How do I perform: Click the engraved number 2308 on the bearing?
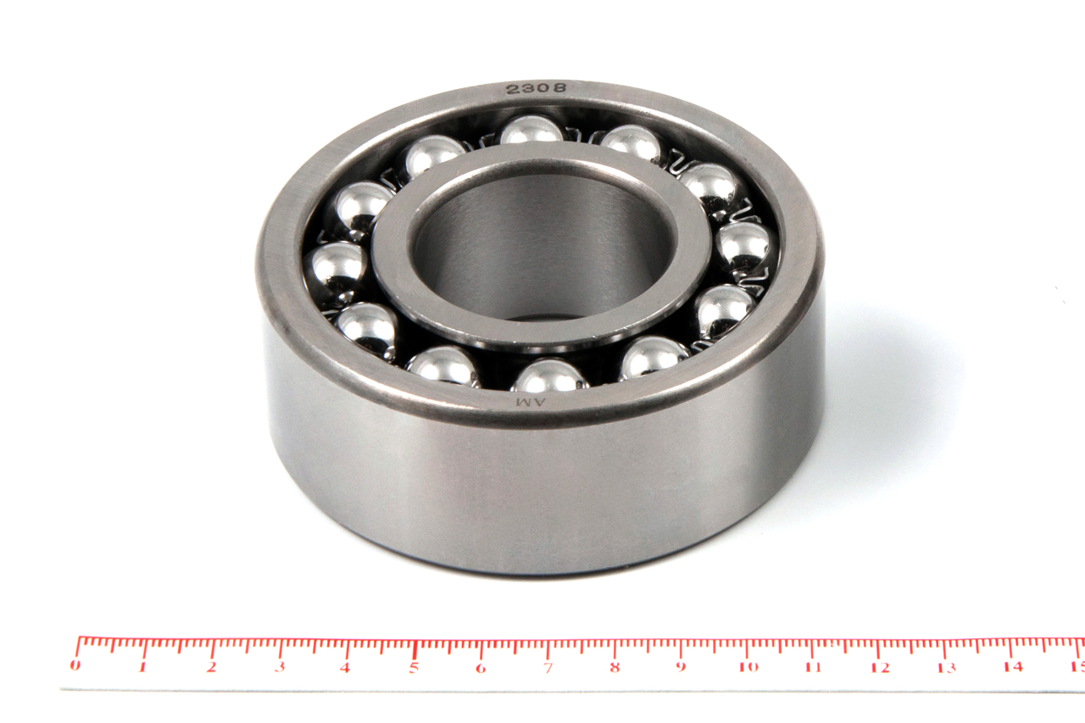pyautogui.click(x=536, y=88)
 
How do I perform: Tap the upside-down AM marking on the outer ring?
pyautogui.click(x=531, y=402)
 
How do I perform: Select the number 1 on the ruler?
pyautogui.click(x=143, y=666)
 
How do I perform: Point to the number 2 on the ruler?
pyautogui.click(x=211, y=666)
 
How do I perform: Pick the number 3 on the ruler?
pyautogui.click(x=280, y=667)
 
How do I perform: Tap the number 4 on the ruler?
pyautogui.click(x=345, y=667)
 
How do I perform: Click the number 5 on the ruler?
pyautogui.click(x=413, y=667)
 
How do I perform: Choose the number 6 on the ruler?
pyautogui.click(x=481, y=668)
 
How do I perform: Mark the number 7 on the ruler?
pyautogui.click(x=548, y=668)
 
